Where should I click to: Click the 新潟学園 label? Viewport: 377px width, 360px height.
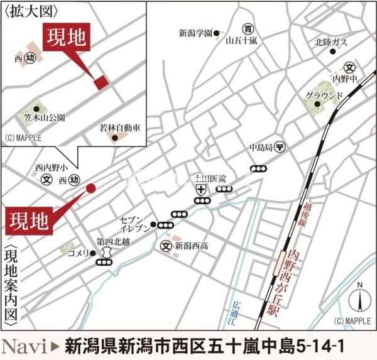pyautogui.click(x=195, y=33)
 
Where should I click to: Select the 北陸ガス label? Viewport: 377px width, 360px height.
pyautogui.click(x=331, y=43)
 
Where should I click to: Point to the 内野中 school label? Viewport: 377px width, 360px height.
pyautogui.click(x=349, y=80)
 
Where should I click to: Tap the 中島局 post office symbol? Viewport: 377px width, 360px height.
pyautogui.click(x=280, y=146)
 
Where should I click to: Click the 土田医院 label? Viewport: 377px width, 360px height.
pyautogui.click(x=210, y=179)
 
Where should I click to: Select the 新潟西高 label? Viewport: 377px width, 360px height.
pyautogui.click(x=190, y=246)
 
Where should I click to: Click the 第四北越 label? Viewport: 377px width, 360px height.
pyautogui.click(x=112, y=241)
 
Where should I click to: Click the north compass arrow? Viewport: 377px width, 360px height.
pyautogui.click(x=360, y=300)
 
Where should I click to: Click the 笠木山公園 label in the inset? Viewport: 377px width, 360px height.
pyautogui.click(x=46, y=117)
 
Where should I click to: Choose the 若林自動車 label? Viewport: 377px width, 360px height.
pyautogui.click(x=119, y=128)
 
